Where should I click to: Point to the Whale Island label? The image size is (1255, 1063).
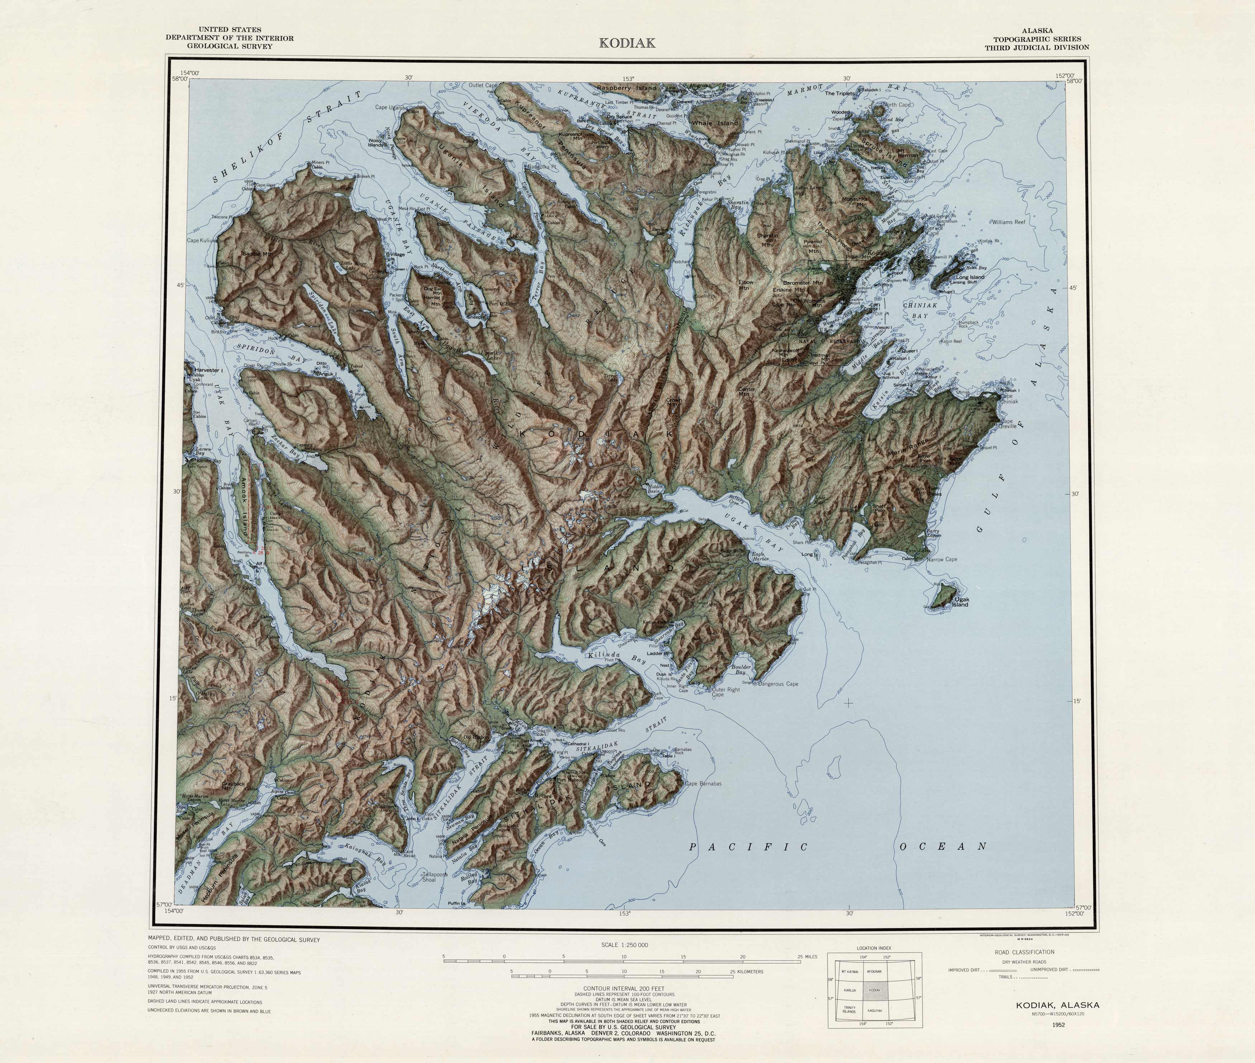(x=715, y=123)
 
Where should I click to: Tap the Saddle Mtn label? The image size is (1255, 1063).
(x=257, y=254)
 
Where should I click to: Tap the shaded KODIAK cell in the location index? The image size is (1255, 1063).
(x=874, y=990)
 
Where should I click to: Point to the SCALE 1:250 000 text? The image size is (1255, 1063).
(x=624, y=945)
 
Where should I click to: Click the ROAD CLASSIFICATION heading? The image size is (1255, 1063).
(x=1024, y=952)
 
